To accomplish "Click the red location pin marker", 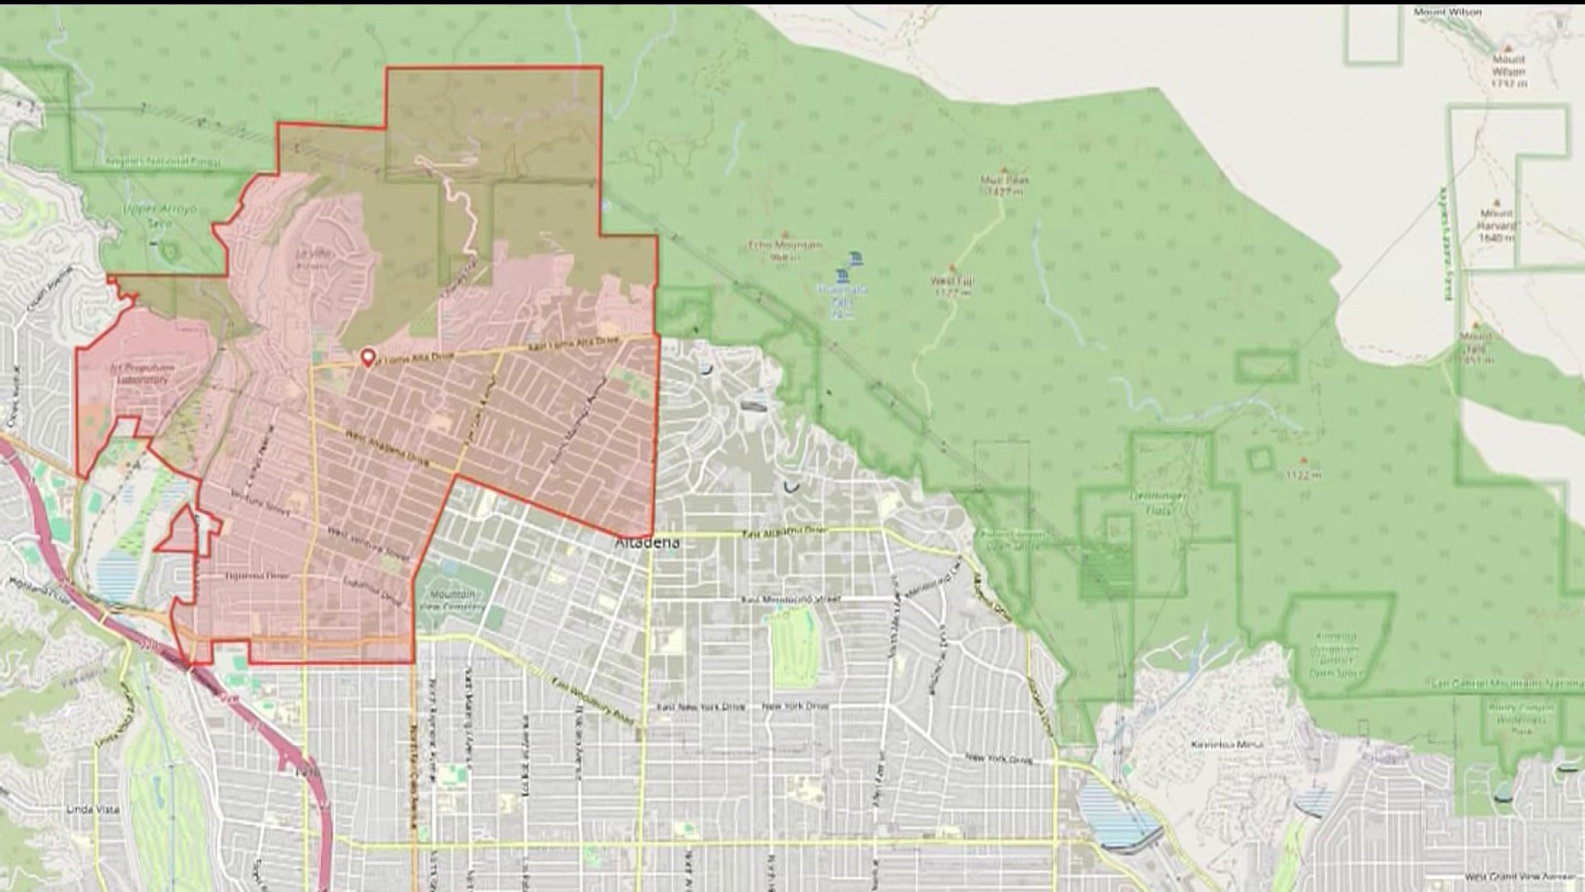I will (x=367, y=358).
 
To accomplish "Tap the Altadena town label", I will (x=647, y=543).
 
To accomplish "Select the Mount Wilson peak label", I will (x=1508, y=65).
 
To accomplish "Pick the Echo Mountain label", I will (x=784, y=249).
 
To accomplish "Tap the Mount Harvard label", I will (x=1497, y=225).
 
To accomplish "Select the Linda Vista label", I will (x=92, y=809).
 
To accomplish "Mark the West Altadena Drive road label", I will (x=387, y=448).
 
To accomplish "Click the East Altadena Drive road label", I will (x=783, y=533).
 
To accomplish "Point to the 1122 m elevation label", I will (x=1303, y=474).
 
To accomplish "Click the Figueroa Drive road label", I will (x=255, y=576).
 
